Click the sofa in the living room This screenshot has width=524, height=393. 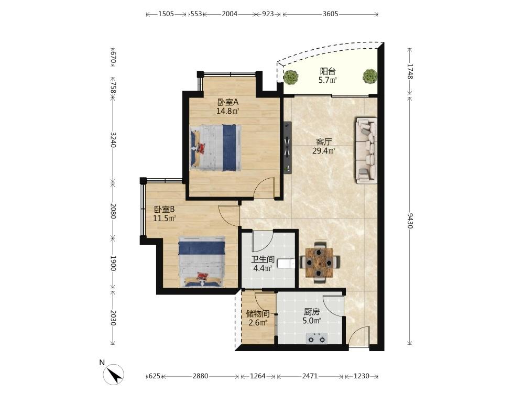pos(367,150)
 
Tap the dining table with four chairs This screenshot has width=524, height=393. pos(320,263)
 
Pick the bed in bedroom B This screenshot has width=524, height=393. pos(202,262)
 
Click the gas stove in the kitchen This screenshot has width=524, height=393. pos(316,338)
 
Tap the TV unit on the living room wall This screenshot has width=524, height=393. pos(287,147)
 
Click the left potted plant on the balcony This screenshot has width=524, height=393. pos(290,77)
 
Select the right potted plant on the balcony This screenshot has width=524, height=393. pos(370,76)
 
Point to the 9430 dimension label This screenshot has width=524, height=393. pos(410,221)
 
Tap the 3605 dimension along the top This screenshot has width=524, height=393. pos(331,14)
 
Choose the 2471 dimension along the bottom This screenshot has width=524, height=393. pos(310,376)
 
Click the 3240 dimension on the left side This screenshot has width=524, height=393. pos(113,140)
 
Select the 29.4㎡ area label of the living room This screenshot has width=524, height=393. pos(324,151)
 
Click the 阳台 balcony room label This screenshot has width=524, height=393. pos(328,71)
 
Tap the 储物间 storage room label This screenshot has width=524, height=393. pos(258,314)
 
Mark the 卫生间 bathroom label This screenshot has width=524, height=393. pos(263,259)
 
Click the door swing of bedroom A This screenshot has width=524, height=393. pos(264,188)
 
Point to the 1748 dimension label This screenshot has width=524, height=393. pos(410,71)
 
